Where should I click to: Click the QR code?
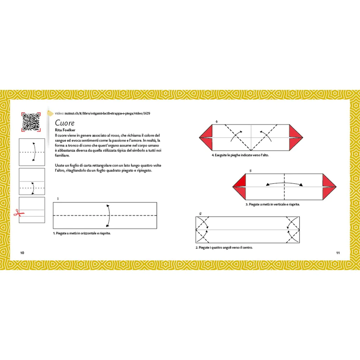(x=31, y=122)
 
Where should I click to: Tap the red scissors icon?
(x=19, y=213)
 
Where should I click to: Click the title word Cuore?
(x=65, y=123)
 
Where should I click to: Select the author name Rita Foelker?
(x=65, y=130)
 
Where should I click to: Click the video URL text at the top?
(x=103, y=114)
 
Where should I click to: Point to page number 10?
(x=22, y=253)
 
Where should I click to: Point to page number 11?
(x=338, y=253)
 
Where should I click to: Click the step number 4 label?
(x=216, y=121)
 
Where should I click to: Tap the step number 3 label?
(x=250, y=171)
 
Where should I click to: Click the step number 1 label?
(x=58, y=199)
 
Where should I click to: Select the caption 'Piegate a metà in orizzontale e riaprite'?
(x=82, y=233)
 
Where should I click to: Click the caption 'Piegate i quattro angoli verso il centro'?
(x=224, y=247)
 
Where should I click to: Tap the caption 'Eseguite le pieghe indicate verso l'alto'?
(x=240, y=155)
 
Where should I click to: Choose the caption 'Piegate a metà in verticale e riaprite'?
(x=273, y=204)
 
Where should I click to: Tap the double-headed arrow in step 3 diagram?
(x=284, y=183)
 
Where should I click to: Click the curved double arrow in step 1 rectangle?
(x=109, y=216)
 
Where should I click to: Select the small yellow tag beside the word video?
(x=50, y=113)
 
